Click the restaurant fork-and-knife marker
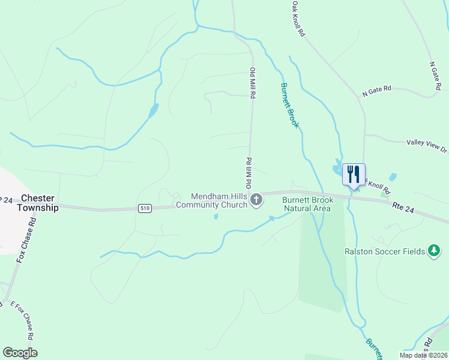click(354, 175)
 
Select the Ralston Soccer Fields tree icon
click(434, 251)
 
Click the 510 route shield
click(144, 208)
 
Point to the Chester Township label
click(40, 203)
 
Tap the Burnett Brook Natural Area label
click(307, 204)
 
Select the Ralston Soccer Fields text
click(384, 251)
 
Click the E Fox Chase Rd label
click(25, 319)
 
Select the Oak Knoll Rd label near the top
click(299, 19)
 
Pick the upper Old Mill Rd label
click(253, 83)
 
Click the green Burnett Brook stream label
click(289, 106)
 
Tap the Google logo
click(20, 353)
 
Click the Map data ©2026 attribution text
click(424, 355)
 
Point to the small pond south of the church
click(215, 217)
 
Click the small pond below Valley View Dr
click(393, 177)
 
